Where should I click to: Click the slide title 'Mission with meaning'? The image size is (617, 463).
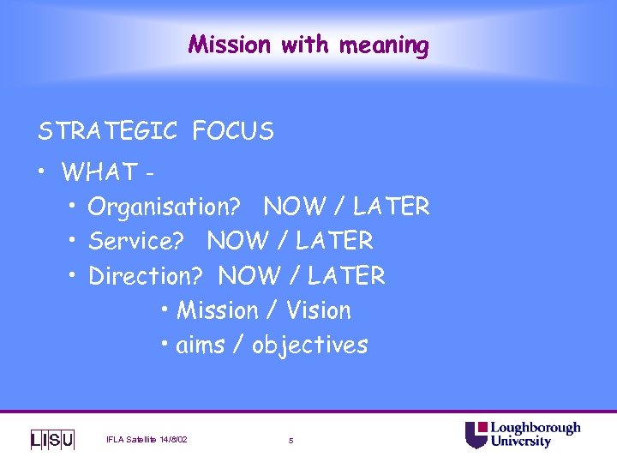point(308,44)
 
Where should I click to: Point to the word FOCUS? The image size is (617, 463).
point(233,131)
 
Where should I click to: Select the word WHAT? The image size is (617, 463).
point(99,172)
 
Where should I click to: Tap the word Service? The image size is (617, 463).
point(136,242)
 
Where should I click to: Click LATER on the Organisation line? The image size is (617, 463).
point(391,207)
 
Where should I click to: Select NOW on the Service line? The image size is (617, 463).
point(237,241)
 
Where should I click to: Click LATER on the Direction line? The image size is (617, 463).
point(346,276)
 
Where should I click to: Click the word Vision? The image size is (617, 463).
point(319,310)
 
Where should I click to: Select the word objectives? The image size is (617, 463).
point(309,346)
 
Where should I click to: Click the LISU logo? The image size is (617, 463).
point(52,440)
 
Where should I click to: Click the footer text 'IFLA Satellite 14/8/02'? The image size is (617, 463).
point(147,441)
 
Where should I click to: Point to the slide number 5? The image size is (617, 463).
point(291,441)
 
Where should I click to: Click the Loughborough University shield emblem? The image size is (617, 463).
point(476,435)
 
